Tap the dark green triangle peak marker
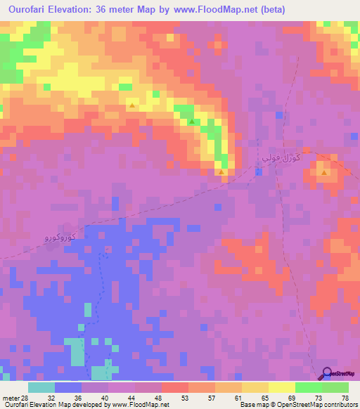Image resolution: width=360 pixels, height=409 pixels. [x=191, y=121]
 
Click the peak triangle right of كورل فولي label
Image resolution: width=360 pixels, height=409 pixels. [x=323, y=171]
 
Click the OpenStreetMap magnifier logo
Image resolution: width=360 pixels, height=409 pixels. [x=327, y=374]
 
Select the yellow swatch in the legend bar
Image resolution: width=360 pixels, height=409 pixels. [x=281, y=387]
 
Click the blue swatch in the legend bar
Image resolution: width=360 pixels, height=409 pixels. [x=67, y=387]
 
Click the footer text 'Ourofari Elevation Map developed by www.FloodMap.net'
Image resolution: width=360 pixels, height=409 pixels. [x=90, y=405]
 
